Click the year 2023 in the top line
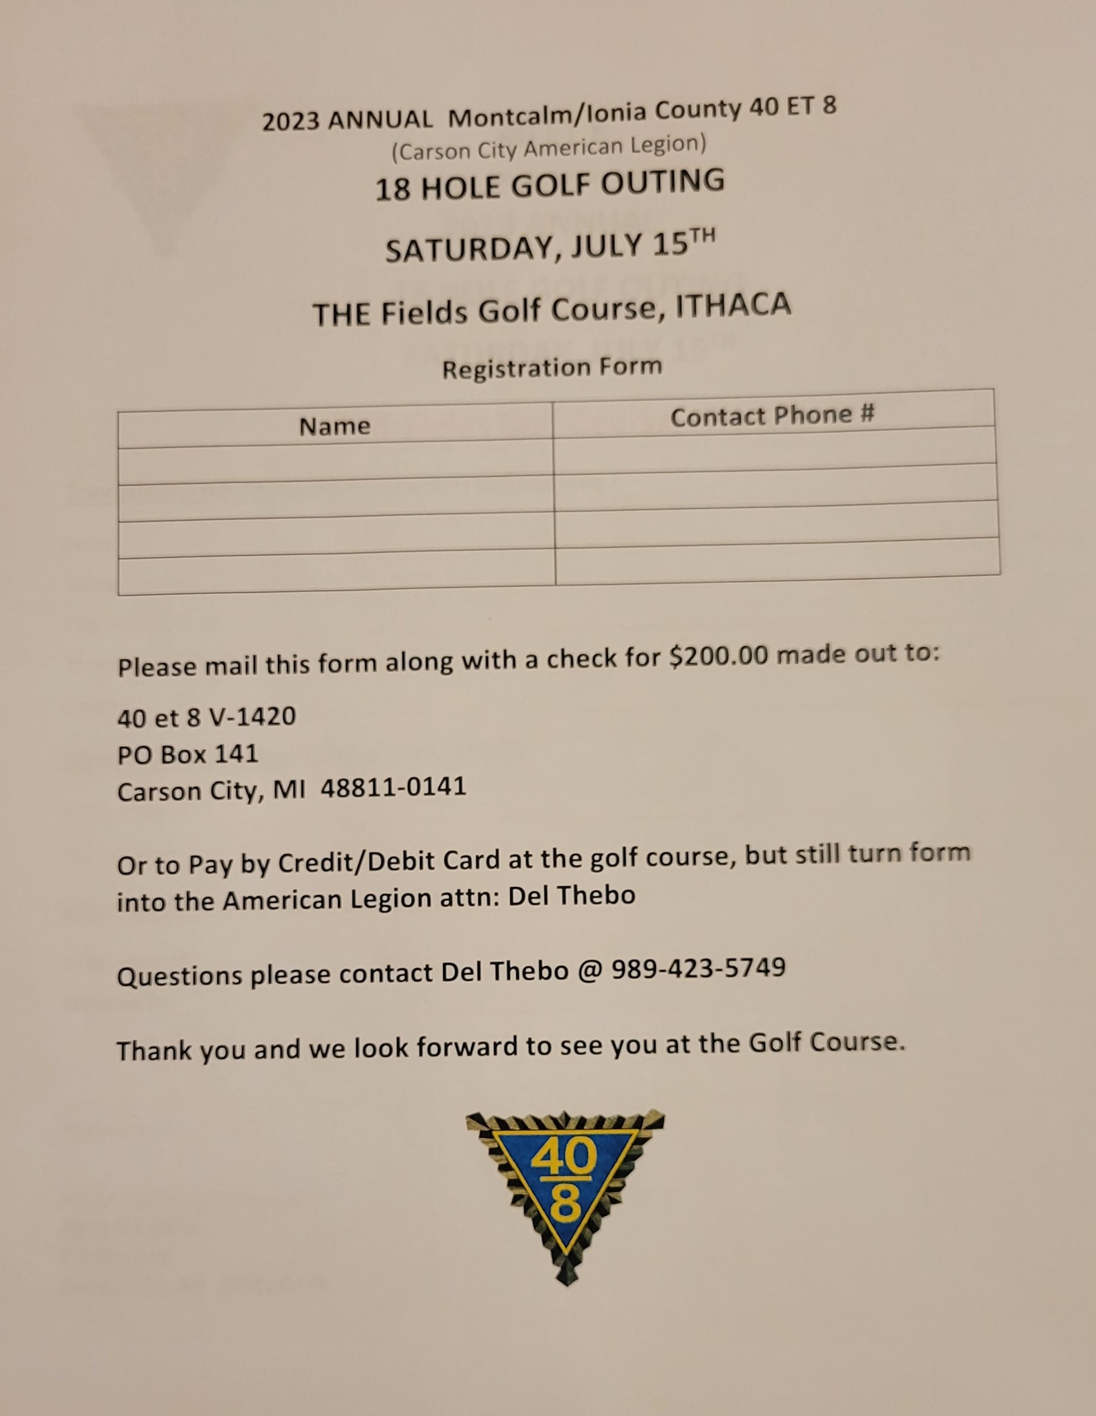coord(290,121)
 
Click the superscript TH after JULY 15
coord(702,236)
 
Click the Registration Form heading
coord(551,367)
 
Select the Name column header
coord(334,426)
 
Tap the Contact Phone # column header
coord(772,416)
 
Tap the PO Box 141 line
coord(187,754)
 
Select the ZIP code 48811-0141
coord(393,788)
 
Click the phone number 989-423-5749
coord(698,968)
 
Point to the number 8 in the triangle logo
coord(565,1205)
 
